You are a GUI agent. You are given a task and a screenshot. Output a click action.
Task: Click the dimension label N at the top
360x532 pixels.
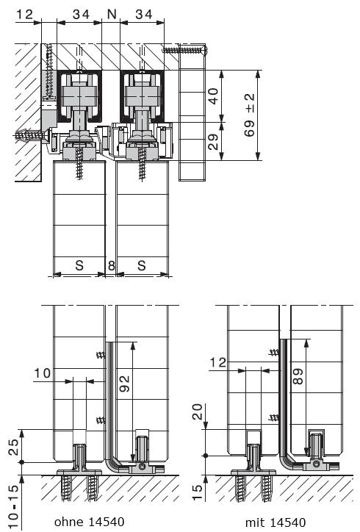coord(112,14)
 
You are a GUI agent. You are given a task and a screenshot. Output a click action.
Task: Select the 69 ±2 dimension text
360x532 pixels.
coord(250,115)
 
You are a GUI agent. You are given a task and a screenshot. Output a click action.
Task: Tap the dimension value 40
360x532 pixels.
coord(213,96)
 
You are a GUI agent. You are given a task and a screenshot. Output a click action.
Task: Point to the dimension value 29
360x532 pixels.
coord(213,142)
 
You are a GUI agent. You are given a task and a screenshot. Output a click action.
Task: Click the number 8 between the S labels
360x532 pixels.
coord(111,265)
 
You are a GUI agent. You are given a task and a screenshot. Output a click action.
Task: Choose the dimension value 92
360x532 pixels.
coord(125,384)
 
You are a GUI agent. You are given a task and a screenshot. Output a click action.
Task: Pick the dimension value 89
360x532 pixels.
coord(298,376)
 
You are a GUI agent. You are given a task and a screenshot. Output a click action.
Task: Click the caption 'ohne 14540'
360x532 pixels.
coord(89,522)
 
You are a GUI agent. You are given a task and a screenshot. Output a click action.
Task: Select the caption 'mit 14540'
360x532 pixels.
coord(276,522)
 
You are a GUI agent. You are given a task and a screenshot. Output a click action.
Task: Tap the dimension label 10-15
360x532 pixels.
coord(12,506)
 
